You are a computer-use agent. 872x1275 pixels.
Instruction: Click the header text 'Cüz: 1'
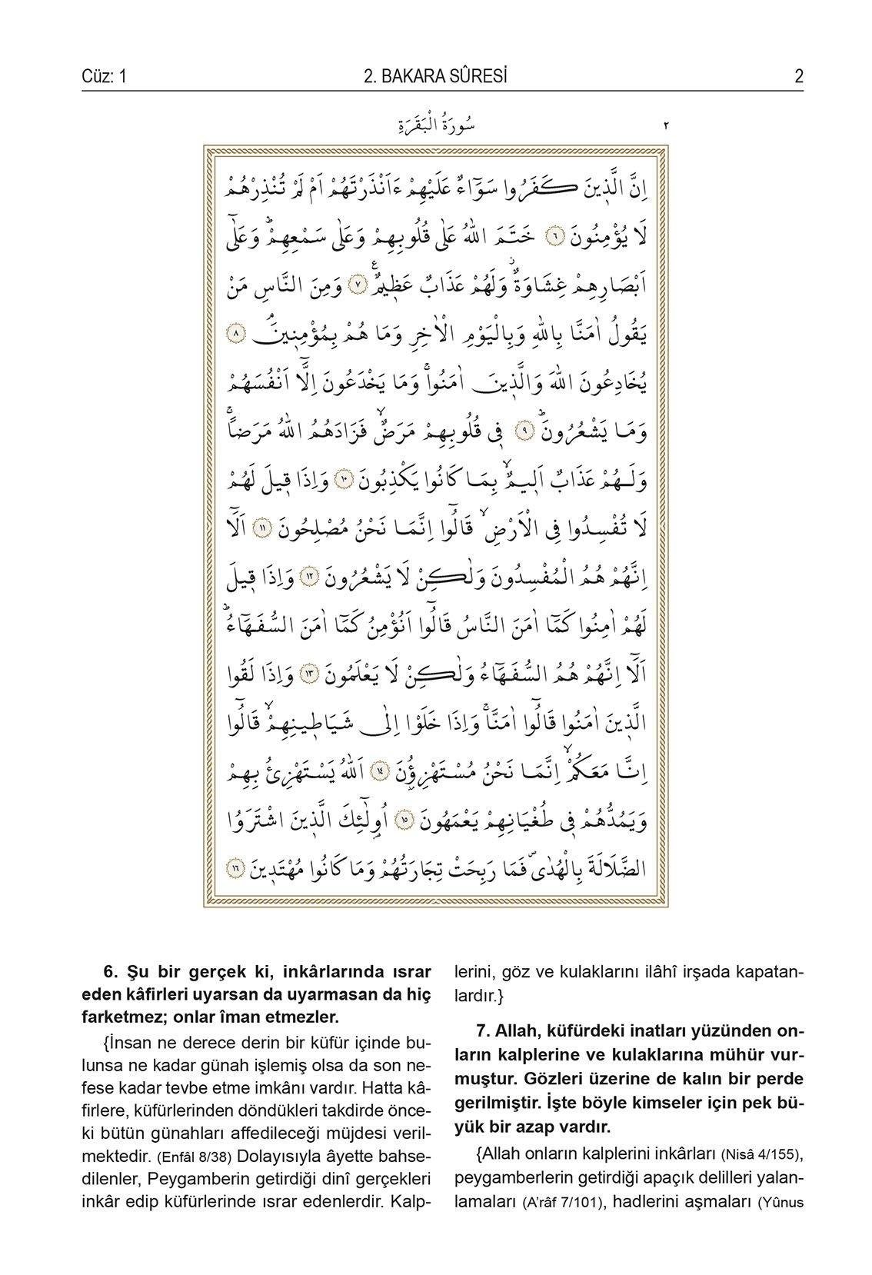(x=103, y=76)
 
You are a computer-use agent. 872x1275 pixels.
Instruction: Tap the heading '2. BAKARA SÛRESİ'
(x=435, y=76)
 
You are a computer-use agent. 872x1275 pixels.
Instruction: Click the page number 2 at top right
(x=799, y=76)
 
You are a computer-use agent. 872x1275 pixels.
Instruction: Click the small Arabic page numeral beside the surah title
(x=665, y=125)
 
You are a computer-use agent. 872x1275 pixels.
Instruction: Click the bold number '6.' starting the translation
(x=108, y=972)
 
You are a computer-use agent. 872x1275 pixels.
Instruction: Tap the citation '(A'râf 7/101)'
(x=557, y=1202)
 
